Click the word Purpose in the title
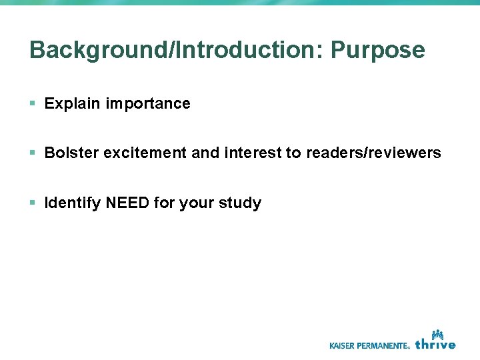pos(378,51)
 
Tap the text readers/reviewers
pos(373,153)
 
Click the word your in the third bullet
pos(197,203)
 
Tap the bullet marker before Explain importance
pos(33,103)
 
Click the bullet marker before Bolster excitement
pos(33,153)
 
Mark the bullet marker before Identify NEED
pos(33,202)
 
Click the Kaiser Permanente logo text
pos(370,345)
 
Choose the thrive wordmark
pos(435,344)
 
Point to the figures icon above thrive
pos(437,333)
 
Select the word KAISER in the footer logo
pos(345,345)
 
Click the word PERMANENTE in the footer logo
pos(385,345)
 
